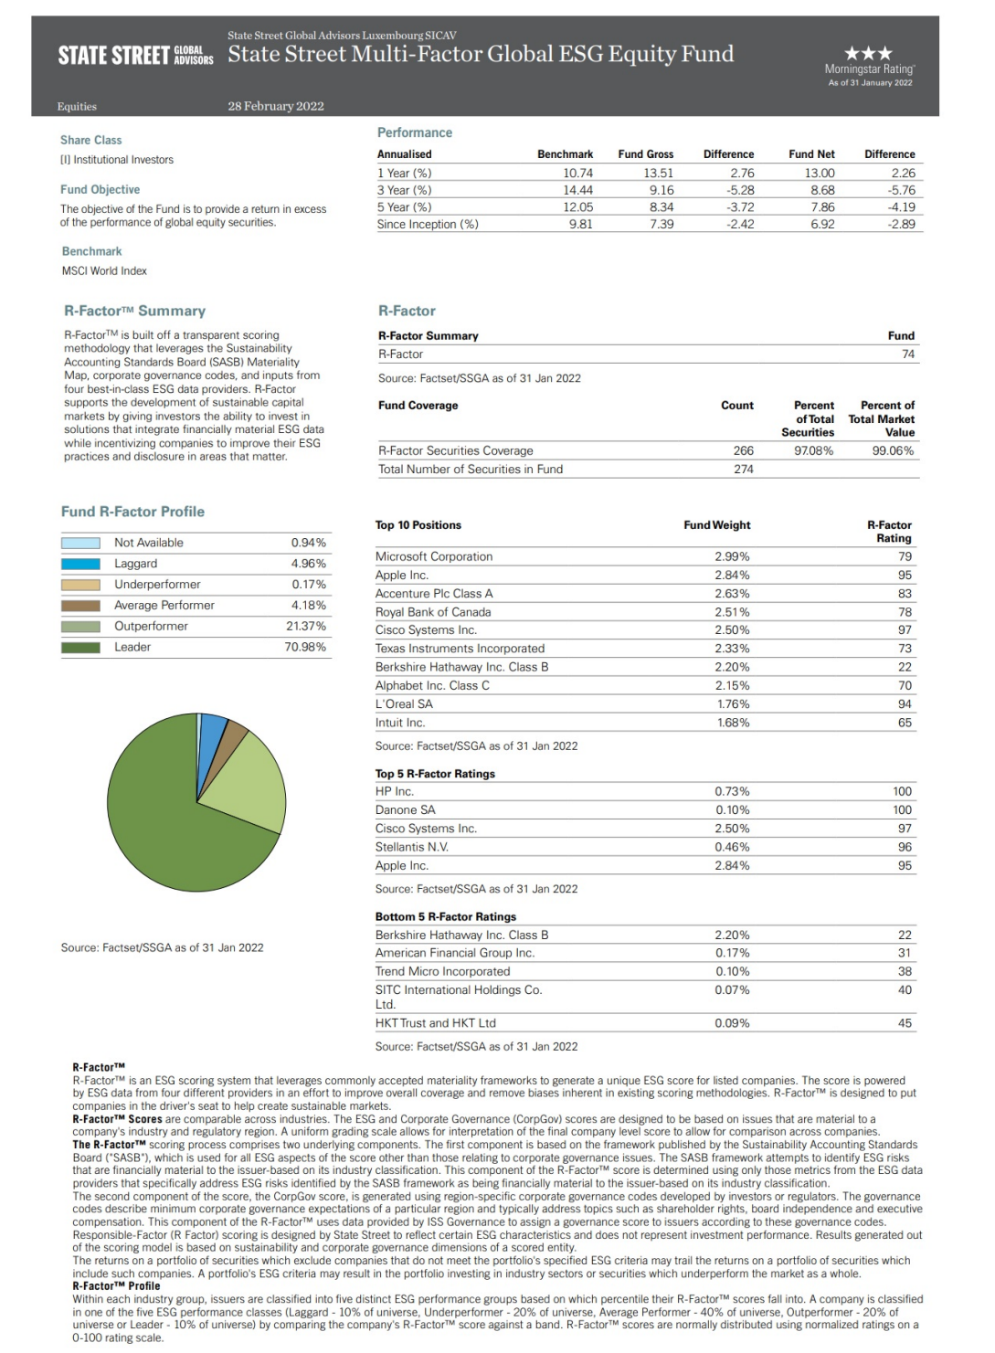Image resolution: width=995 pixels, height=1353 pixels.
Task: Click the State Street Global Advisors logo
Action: [x=135, y=55]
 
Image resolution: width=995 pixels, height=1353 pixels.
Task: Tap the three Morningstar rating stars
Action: [x=868, y=54]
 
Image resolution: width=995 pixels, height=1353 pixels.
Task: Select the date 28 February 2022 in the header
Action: [x=276, y=106]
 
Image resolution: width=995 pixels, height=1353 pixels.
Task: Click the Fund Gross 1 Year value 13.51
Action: [x=659, y=173]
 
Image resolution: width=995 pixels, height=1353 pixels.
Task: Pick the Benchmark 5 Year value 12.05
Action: [x=577, y=207]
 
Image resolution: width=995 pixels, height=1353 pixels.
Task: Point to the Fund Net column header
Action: [x=811, y=154]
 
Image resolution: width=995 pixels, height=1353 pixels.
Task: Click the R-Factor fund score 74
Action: [x=907, y=354]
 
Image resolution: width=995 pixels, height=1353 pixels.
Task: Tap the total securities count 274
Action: [x=744, y=469]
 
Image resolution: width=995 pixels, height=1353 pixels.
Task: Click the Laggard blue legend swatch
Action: [x=80, y=564]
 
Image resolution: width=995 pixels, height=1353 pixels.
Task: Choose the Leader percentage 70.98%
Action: [x=305, y=647]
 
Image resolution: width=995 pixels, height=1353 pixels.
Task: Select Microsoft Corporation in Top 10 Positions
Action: [x=434, y=556]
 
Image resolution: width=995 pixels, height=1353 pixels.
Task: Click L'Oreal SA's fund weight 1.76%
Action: [x=732, y=704]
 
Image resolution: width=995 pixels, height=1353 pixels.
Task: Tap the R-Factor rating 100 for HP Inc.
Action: [x=902, y=791]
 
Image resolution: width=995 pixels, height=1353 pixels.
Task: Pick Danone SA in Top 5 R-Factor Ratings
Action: [x=406, y=810]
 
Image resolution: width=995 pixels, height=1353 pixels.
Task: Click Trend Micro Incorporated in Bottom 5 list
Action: [x=442, y=971]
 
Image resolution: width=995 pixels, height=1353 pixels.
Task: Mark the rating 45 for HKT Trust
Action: [x=905, y=1023]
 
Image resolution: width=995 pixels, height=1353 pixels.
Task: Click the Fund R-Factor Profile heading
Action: [x=132, y=512]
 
